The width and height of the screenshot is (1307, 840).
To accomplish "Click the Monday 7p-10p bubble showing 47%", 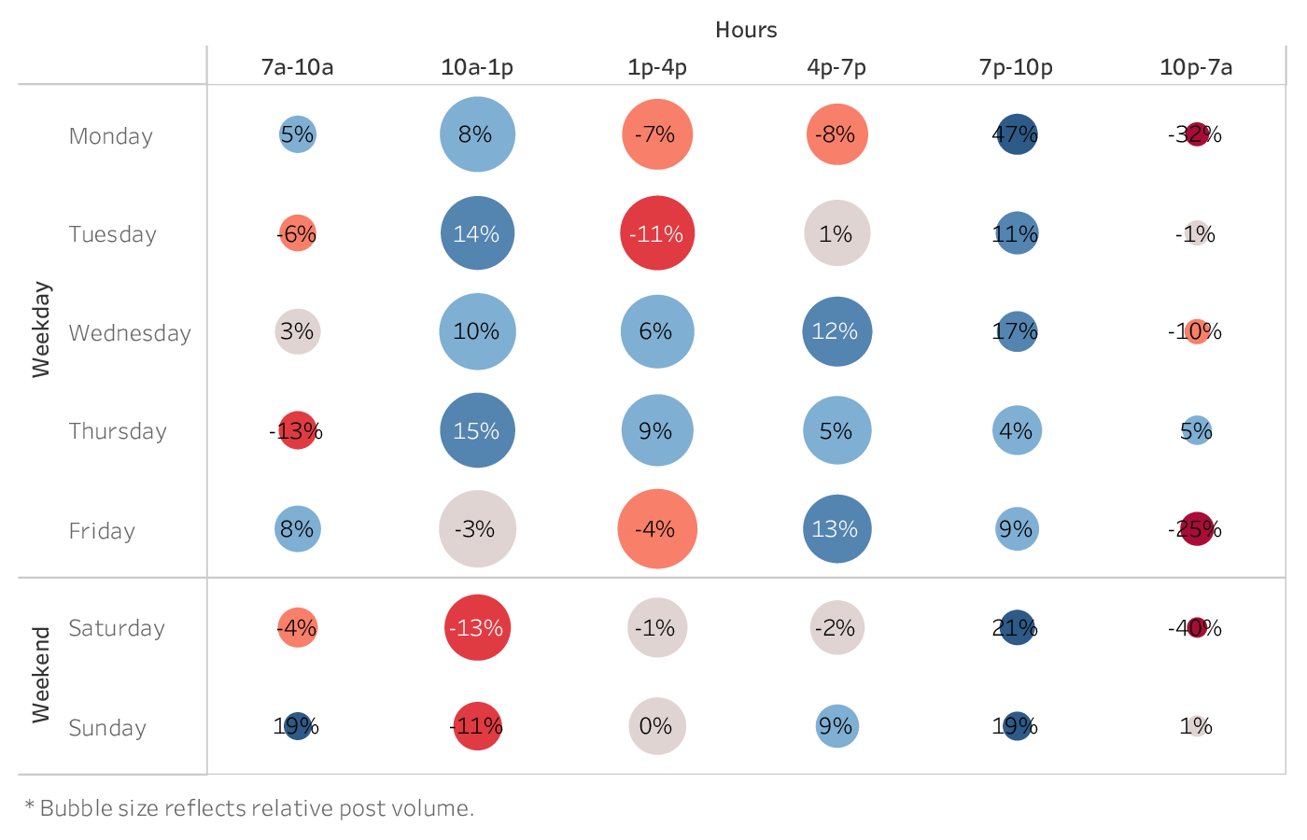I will tap(1017, 134).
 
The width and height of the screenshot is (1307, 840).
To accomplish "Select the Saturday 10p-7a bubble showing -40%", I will tap(1197, 627).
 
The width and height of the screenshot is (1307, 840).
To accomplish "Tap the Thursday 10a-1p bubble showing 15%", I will tap(477, 430).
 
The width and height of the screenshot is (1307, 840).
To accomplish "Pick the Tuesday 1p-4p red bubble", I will tap(657, 233).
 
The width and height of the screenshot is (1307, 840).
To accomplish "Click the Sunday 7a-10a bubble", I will tap(298, 726).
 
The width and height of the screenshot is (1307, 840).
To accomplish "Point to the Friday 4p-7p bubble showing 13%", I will tap(836, 529).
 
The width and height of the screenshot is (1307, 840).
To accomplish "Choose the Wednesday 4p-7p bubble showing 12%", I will tap(836, 331).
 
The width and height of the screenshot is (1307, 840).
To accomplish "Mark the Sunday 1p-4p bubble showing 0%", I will tap(657, 726).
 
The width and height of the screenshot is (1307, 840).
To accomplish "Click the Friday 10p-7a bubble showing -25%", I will tap(1197, 529).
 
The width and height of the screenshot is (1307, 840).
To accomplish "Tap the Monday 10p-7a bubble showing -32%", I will tap(1197, 134).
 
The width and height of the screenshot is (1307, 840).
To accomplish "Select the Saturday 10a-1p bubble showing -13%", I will tap(477, 627).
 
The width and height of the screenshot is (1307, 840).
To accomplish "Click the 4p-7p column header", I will tap(836, 67).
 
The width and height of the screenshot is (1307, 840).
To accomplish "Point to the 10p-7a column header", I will tap(1196, 67).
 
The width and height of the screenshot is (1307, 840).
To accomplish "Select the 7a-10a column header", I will tap(297, 67).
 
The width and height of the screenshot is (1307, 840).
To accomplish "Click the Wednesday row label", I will tap(130, 333).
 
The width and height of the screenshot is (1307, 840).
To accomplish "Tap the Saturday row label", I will tap(117, 628).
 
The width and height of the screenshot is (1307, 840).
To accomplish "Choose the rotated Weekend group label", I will tap(41, 675).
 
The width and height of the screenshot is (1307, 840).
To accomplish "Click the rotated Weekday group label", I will tap(41, 329).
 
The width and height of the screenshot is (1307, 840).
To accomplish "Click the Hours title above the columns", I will tap(746, 30).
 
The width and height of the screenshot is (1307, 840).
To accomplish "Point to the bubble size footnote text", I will tap(249, 808).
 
